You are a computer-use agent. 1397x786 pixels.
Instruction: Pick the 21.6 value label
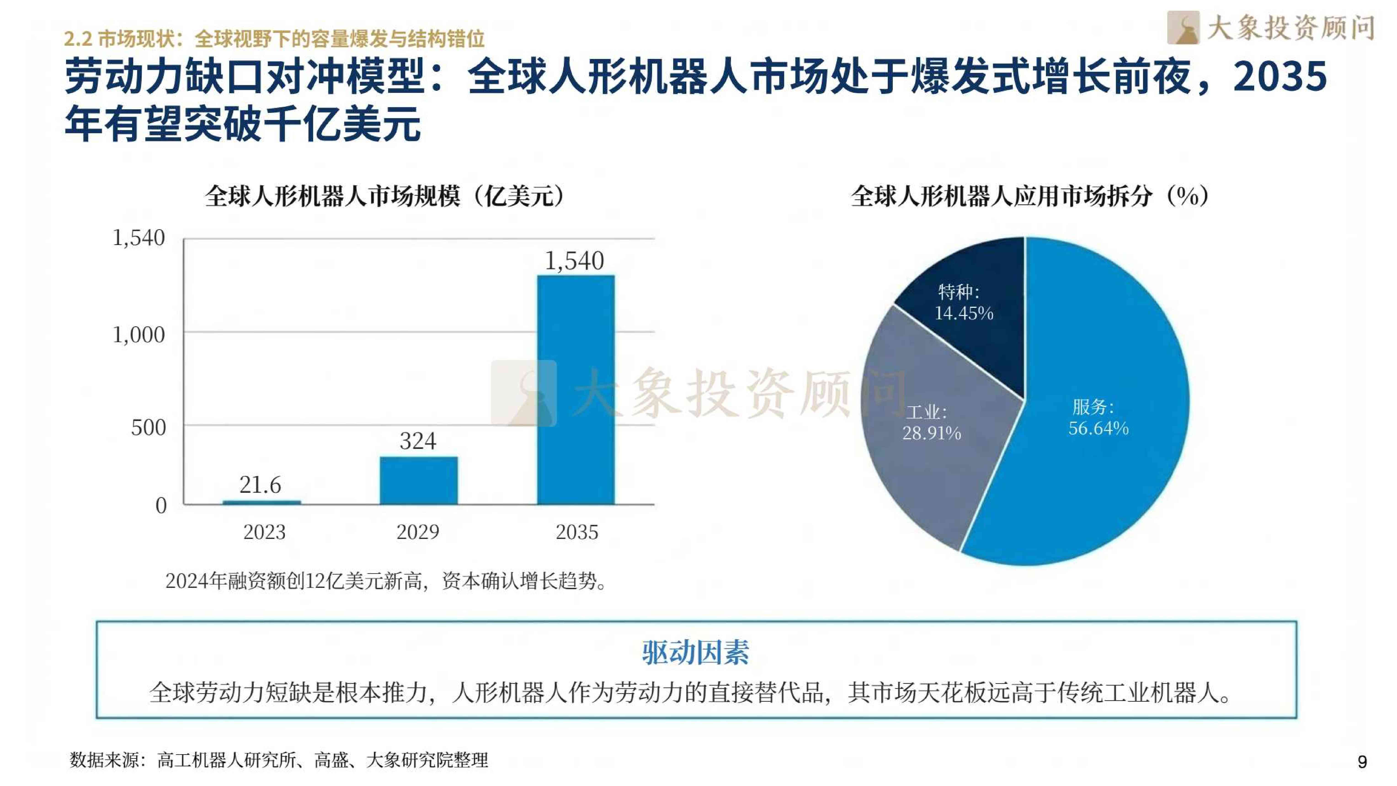(260, 484)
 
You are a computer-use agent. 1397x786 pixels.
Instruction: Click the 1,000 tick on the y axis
(138, 335)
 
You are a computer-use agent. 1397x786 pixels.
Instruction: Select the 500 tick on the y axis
(148, 427)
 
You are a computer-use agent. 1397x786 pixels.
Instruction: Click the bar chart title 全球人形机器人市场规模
(385, 196)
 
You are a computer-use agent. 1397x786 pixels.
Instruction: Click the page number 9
(1362, 762)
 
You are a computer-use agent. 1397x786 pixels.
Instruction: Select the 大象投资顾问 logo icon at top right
(1183, 28)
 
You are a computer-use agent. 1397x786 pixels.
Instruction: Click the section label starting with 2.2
(274, 39)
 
